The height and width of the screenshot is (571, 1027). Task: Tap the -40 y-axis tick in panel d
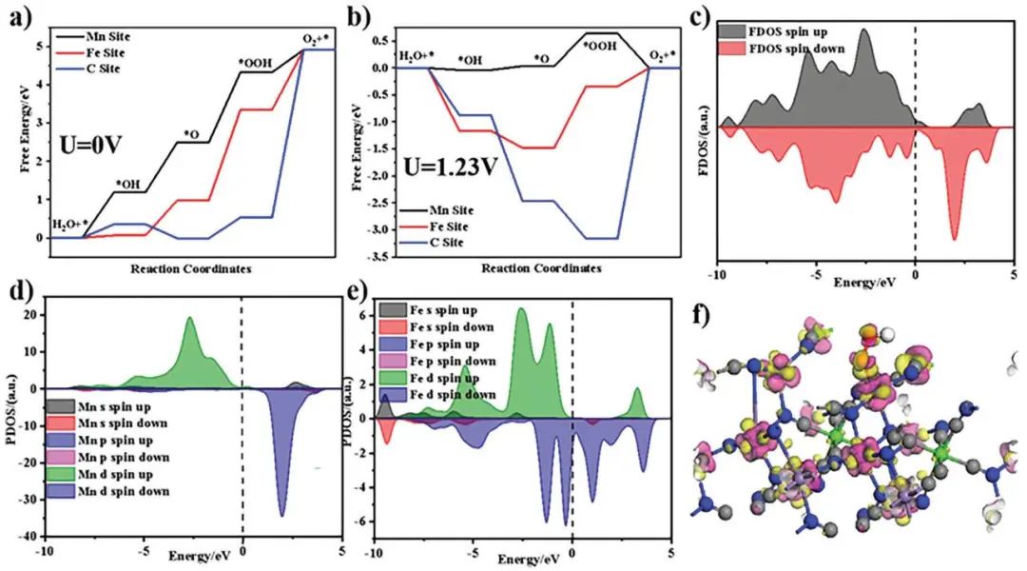click(x=26, y=535)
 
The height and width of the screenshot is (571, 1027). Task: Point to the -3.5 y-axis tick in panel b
click(x=377, y=257)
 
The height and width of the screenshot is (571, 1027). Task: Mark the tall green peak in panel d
click(x=190, y=320)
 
